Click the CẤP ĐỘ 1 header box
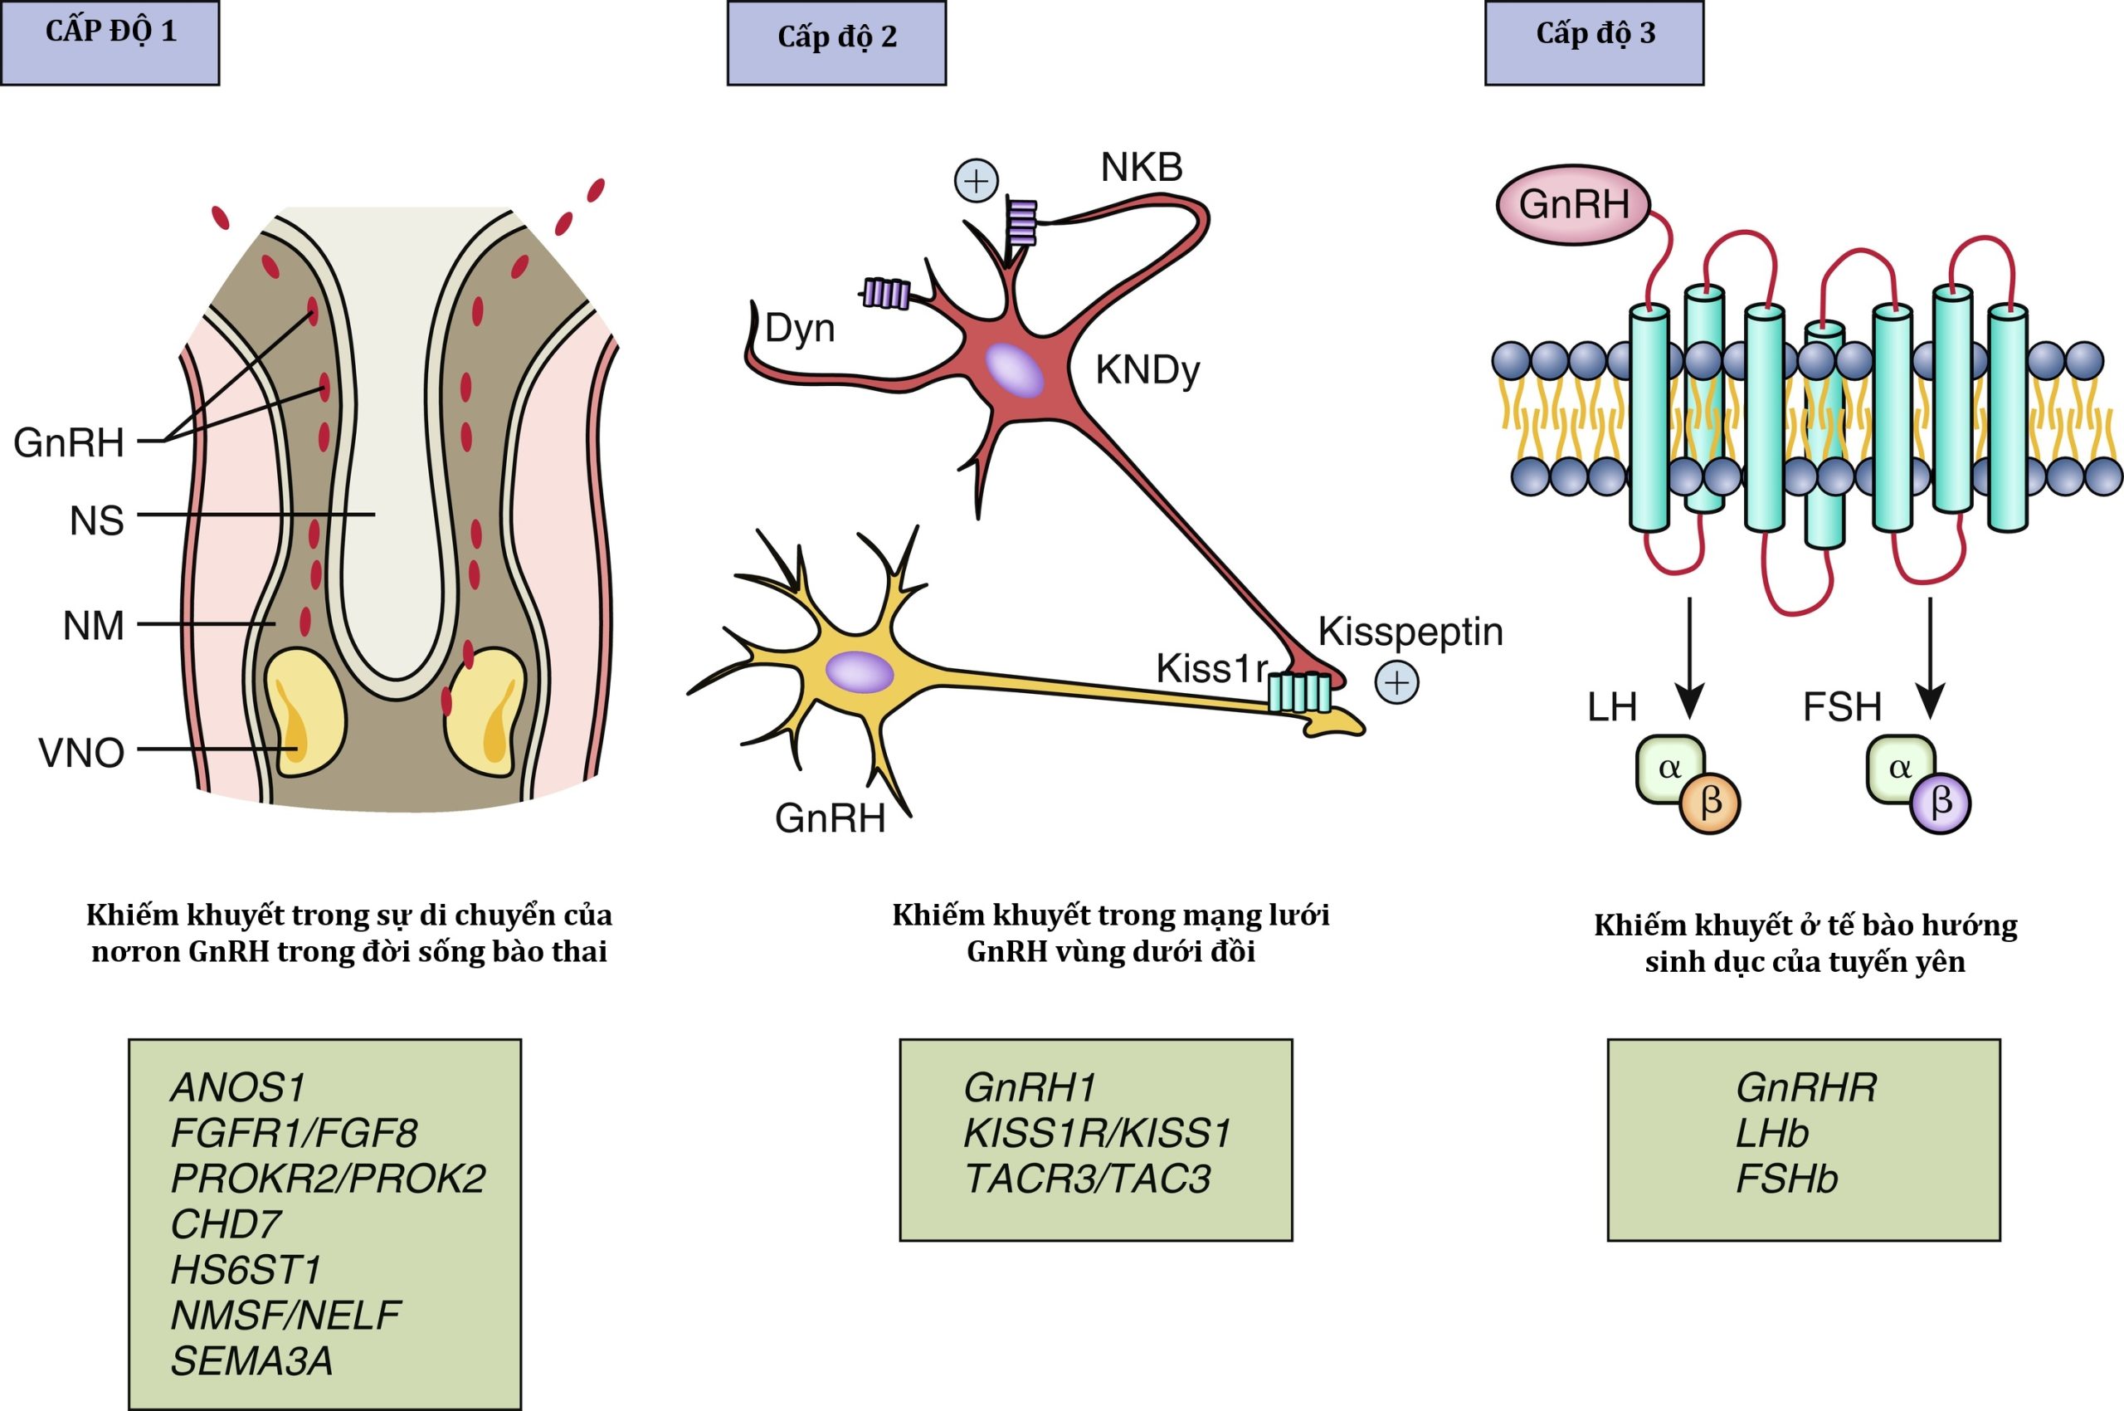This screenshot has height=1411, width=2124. click(x=110, y=42)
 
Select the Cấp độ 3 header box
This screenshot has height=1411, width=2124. click(x=1594, y=42)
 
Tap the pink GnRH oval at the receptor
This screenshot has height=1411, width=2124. click(x=1573, y=205)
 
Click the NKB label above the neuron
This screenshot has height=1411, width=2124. click(x=1141, y=168)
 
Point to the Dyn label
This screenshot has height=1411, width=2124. click(x=799, y=329)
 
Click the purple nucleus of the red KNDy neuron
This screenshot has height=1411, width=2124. click(x=1014, y=370)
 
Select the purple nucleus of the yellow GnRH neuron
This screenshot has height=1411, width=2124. click(x=859, y=672)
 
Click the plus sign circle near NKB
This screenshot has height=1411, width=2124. click(x=976, y=181)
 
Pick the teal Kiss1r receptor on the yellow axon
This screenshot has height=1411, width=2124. click(x=1299, y=692)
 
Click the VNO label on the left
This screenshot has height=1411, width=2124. click(x=81, y=753)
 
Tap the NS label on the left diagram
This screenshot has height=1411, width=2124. click(x=96, y=521)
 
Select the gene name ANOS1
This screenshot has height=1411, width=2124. click(x=238, y=1087)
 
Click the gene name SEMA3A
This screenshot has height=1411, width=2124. click(x=252, y=1360)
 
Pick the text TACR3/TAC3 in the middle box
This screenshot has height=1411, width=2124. click(x=1088, y=1179)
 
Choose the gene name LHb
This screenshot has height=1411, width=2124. click(x=1771, y=1133)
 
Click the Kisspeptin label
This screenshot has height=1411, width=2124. click(x=1410, y=632)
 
